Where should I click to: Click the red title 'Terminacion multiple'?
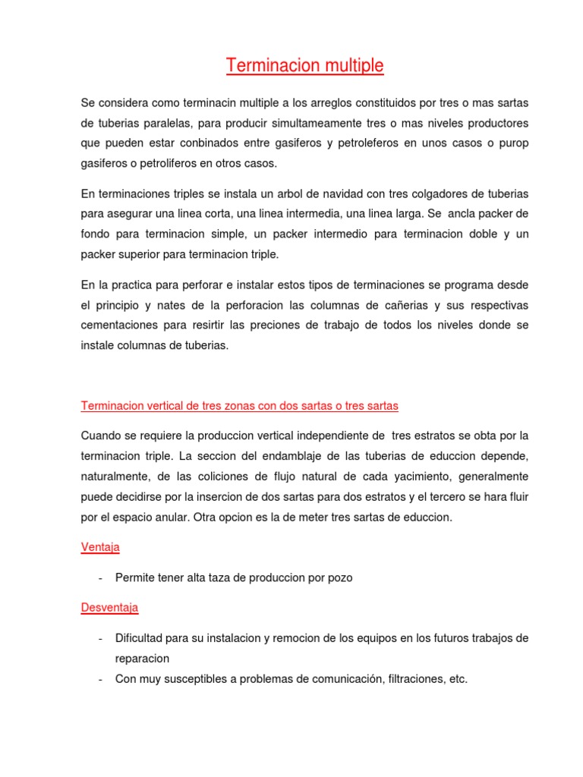point(304,67)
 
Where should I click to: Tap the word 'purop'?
point(513,143)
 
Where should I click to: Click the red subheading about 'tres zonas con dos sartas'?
point(239,406)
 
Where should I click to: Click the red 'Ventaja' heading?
point(99,547)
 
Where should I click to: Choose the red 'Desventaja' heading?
point(109,608)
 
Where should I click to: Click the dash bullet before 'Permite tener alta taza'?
point(101,578)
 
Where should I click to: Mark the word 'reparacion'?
point(142,659)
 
